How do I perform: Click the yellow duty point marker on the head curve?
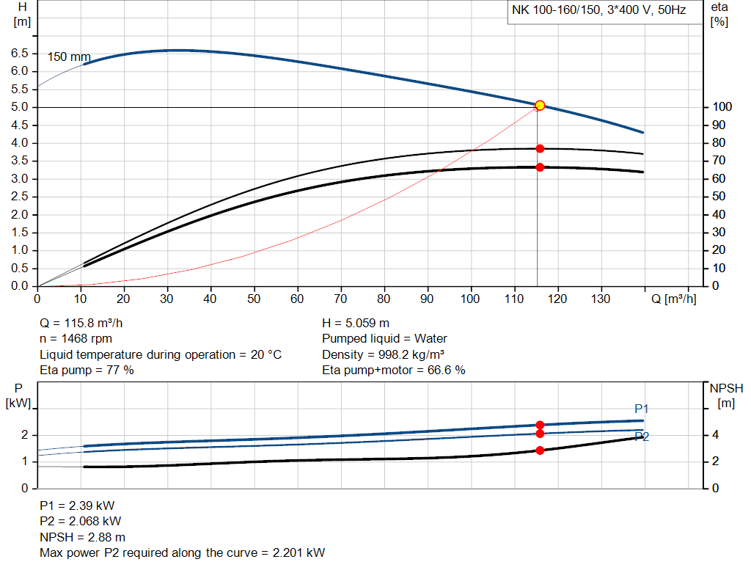point(540,106)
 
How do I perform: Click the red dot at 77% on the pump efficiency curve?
point(540,148)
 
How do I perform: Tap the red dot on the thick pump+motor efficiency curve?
point(540,167)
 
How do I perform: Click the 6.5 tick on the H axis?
point(20,54)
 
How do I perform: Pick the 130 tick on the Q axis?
point(601,299)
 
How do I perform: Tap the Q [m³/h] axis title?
point(673,299)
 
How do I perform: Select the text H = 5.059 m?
point(356,323)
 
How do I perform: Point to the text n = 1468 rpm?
point(76,339)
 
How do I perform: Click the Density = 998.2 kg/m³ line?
point(385,354)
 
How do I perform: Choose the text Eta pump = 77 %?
point(87,371)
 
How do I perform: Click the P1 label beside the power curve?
point(642,409)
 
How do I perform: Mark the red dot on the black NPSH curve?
point(540,450)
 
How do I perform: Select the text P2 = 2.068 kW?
point(80,522)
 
